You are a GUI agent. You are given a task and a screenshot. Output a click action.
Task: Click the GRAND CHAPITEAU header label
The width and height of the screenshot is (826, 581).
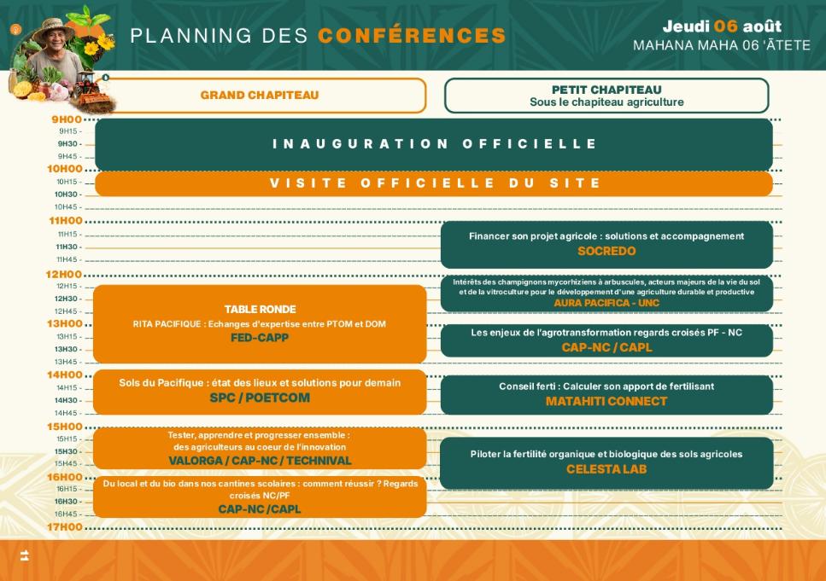[x=259, y=96]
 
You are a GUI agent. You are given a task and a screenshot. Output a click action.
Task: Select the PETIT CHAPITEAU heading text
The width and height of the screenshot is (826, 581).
[x=606, y=90]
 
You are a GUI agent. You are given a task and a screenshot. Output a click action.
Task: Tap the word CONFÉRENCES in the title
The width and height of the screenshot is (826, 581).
[x=412, y=35]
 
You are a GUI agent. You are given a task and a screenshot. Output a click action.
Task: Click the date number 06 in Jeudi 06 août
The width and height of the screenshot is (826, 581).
[x=725, y=26]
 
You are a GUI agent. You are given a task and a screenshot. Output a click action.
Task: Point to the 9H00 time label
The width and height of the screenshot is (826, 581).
[x=67, y=119]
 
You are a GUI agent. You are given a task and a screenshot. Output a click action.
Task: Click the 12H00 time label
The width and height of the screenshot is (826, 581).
[x=64, y=274]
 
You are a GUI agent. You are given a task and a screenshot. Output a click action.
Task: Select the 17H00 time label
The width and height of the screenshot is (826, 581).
[x=65, y=526]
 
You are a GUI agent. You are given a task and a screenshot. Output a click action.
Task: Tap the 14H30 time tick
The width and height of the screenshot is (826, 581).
[x=67, y=400]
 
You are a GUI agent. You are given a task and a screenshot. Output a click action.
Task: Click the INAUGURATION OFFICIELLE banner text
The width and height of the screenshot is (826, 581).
[x=434, y=143]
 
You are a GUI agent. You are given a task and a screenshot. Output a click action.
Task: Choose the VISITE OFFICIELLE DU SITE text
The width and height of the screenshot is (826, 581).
[x=434, y=183]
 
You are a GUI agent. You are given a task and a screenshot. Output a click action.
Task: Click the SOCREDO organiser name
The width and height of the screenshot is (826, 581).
[x=606, y=251]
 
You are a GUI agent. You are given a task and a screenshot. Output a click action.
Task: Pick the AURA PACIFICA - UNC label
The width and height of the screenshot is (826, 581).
[x=606, y=303]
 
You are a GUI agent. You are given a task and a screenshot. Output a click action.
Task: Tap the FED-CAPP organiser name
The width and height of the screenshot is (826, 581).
[x=259, y=337]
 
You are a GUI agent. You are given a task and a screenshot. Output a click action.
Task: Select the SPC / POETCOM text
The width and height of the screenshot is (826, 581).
[x=260, y=398]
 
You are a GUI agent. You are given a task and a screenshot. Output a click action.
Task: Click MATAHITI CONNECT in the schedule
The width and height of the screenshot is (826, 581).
[x=606, y=401]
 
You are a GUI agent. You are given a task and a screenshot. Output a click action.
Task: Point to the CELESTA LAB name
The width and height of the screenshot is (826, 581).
[x=606, y=469]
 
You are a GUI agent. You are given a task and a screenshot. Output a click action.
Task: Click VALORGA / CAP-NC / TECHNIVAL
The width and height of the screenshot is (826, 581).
[x=260, y=461]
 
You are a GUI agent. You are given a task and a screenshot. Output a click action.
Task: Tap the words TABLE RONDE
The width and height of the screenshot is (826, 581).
[x=260, y=309]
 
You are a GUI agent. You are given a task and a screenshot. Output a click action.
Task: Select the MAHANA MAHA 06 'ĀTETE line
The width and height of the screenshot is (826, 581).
[x=721, y=45]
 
